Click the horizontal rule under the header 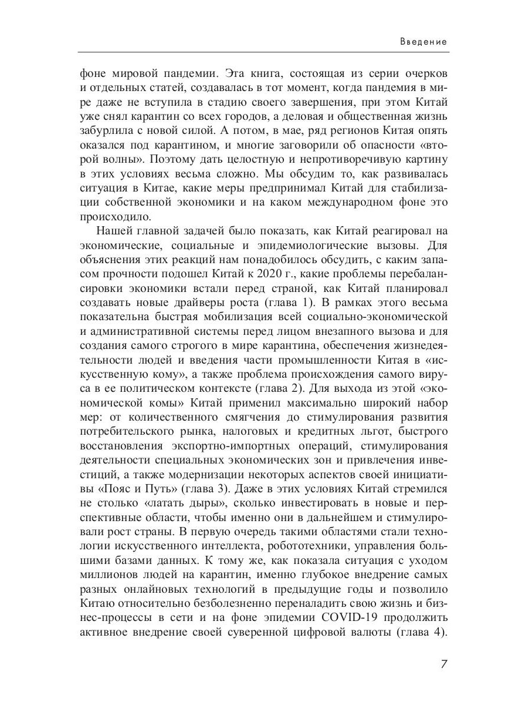264,53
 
